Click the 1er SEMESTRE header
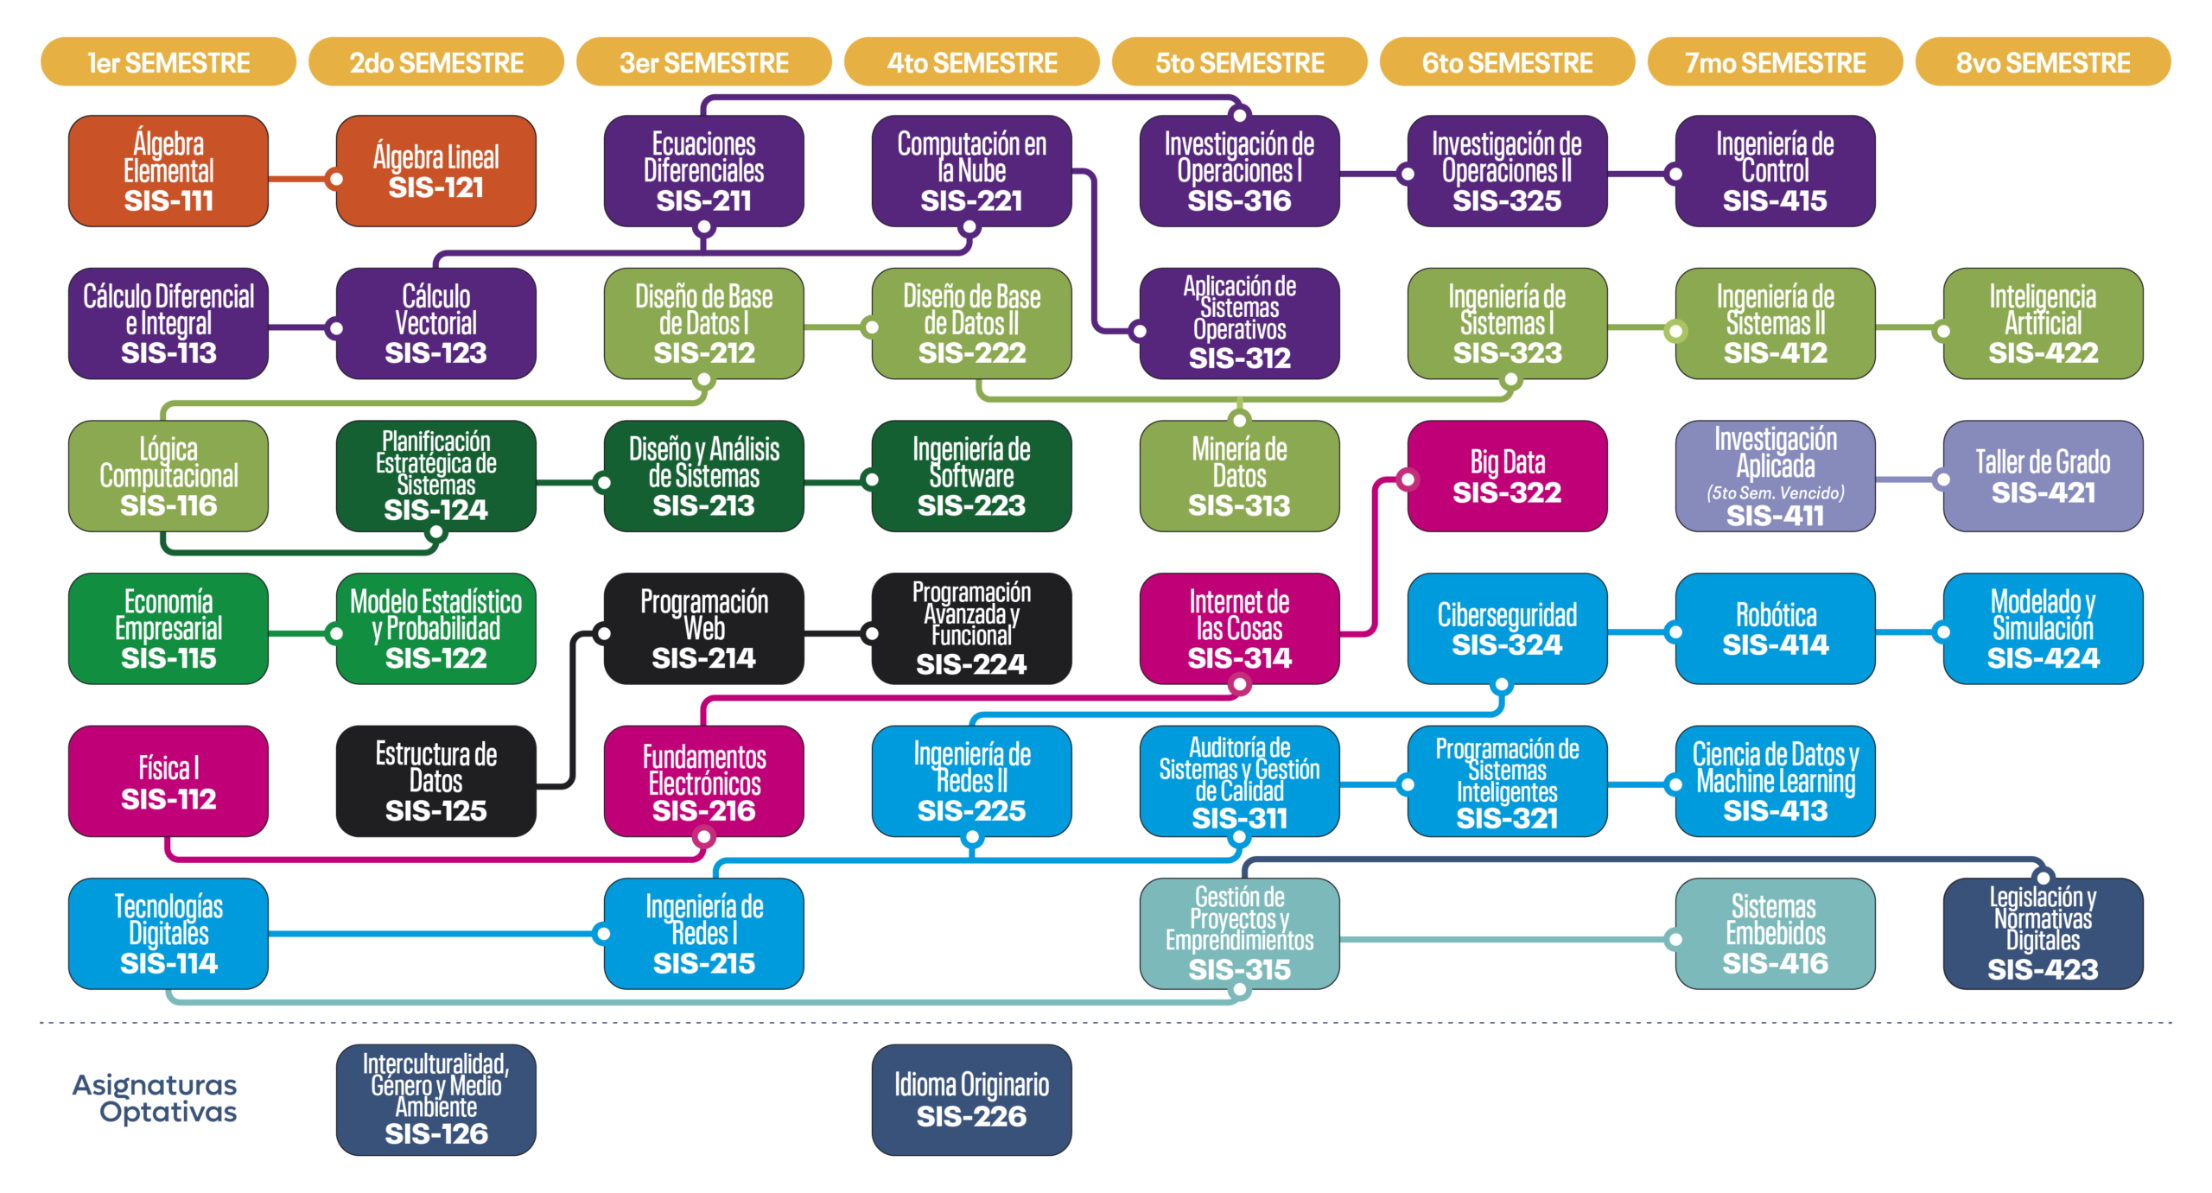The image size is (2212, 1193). coord(168,63)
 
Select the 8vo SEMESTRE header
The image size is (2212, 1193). coord(2043,63)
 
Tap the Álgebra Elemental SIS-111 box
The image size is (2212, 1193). coord(168,171)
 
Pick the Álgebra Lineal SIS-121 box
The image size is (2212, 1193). coord(436,171)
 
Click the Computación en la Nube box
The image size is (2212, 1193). coord(971,171)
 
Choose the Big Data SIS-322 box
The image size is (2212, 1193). coord(1507,476)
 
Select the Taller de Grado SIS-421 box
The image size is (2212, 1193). coord(2043,476)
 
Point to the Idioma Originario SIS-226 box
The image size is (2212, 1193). coord(971,1100)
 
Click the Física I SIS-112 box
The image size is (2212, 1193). coord(168,781)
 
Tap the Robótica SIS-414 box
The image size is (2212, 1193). coord(1775,629)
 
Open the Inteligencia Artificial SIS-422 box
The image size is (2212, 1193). coord(2043,324)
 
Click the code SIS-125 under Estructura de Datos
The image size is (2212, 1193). coord(436,811)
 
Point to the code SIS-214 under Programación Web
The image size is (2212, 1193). coord(703,658)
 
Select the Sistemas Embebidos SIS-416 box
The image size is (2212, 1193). coord(1775,934)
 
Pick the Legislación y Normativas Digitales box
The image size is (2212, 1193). coord(2043,934)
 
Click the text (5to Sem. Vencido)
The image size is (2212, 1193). coord(1775,493)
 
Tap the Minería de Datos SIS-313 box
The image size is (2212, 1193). coord(1239,476)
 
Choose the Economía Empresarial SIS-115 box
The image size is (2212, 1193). coord(168,629)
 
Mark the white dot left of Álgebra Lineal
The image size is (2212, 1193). coord(337,179)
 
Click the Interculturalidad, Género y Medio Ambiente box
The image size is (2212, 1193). coord(436,1100)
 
